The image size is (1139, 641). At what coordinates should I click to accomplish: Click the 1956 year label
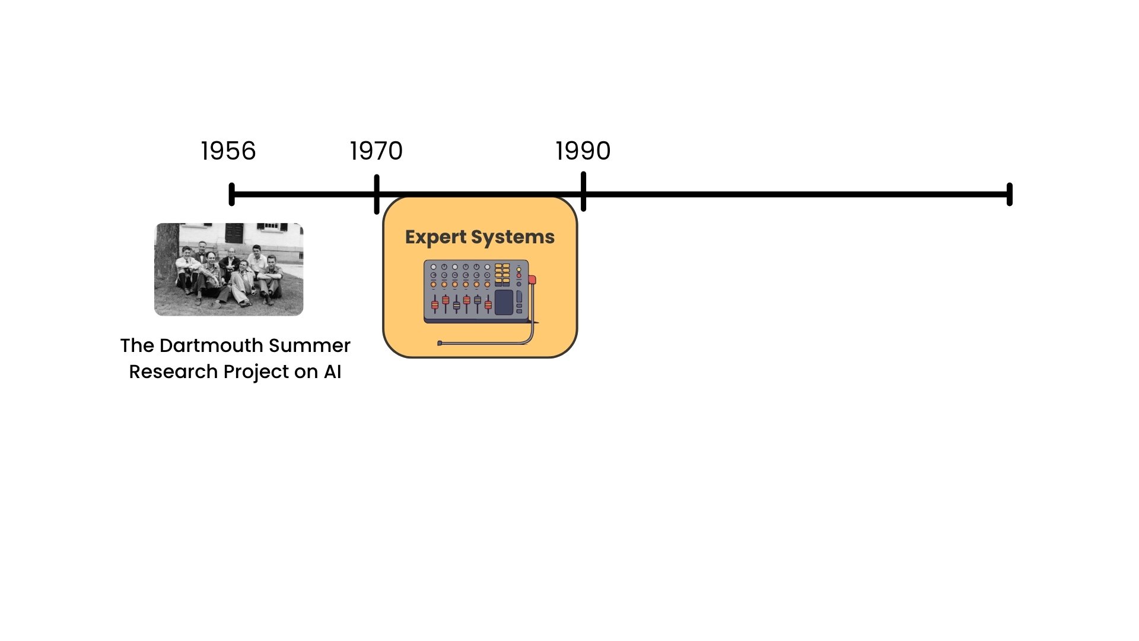pyautogui.click(x=228, y=151)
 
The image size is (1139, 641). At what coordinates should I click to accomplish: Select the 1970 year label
pyautogui.click(x=376, y=151)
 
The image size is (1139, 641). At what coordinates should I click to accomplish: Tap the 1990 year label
pyautogui.click(x=583, y=151)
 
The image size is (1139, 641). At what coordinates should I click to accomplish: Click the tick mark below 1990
pyautogui.click(x=584, y=191)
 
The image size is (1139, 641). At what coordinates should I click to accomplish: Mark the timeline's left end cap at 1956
pyautogui.click(x=232, y=194)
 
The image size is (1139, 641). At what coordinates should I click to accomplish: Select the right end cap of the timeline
pyautogui.click(x=1010, y=194)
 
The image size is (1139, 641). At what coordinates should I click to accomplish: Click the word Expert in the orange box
pyautogui.click(x=435, y=237)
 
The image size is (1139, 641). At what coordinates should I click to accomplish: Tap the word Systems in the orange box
pyautogui.click(x=513, y=237)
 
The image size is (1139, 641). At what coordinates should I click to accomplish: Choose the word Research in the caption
pyautogui.click(x=173, y=372)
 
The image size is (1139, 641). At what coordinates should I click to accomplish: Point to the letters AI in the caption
pyautogui.click(x=332, y=372)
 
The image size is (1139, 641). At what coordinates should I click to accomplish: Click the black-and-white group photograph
pyautogui.click(x=228, y=269)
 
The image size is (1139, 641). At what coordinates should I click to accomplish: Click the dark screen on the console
pyautogui.click(x=504, y=302)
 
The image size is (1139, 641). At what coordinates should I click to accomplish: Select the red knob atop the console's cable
pyautogui.click(x=532, y=280)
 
